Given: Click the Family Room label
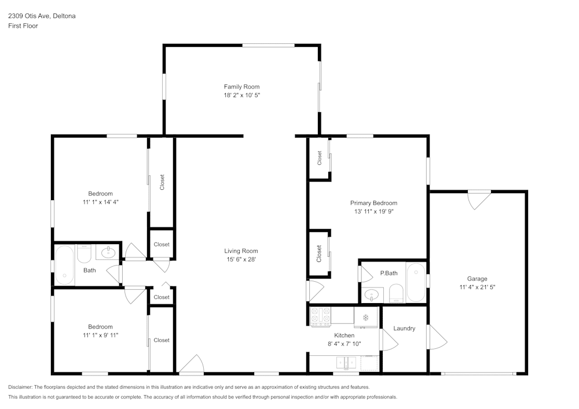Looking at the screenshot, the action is [241, 87].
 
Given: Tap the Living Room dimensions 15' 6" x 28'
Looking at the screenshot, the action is [241, 259].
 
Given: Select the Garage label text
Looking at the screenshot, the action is [477, 279].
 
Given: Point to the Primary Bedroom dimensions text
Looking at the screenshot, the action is [373, 211].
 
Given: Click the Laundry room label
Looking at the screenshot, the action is [404, 328].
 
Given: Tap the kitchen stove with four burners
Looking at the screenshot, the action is [321, 316].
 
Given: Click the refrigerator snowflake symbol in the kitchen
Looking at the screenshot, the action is [365, 318].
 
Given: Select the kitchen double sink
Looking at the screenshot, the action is [346, 363].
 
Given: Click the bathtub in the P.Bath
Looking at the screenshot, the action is [416, 282].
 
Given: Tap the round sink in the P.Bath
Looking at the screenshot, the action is [371, 294].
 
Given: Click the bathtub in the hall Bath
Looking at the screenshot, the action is [65, 265].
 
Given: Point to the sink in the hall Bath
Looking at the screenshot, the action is [108, 253].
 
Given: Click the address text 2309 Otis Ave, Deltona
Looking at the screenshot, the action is [42, 16].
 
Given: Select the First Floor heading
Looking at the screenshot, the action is [23, 26].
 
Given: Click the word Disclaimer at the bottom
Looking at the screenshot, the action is [20, 387].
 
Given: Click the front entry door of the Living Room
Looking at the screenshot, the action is [191, 364].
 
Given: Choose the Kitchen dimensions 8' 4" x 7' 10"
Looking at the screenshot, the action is [344, 344].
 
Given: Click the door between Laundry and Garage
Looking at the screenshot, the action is [438, 336].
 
